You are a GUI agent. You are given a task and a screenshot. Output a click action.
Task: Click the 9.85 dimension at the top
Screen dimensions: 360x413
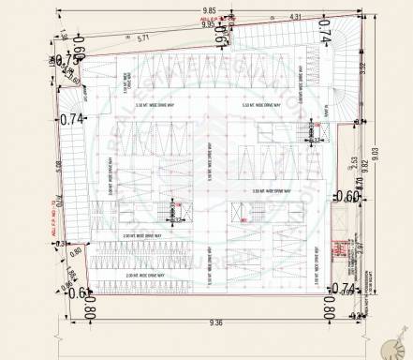[209, 8]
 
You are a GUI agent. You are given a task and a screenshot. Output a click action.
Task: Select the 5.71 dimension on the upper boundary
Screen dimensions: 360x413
[143, 38]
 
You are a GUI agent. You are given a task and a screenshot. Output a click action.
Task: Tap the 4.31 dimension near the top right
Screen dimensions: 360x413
[295, 17]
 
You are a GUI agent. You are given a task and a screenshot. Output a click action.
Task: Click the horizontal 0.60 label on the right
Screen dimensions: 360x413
[346, 196]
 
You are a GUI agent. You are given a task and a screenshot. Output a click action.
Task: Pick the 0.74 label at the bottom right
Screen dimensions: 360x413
[344, 288]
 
